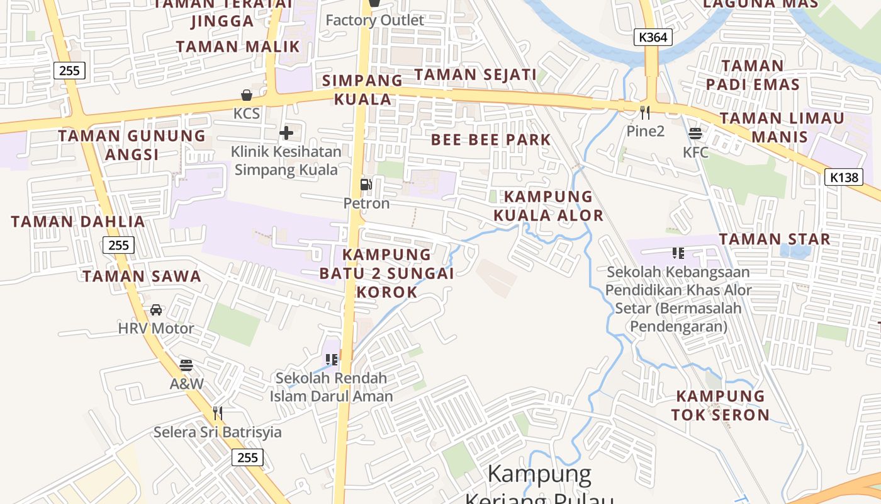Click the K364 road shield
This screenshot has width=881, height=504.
click(x=653, y=37)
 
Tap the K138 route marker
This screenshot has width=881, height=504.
click(x=843, y=177)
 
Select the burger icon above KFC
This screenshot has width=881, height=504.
click(x=695, y=134)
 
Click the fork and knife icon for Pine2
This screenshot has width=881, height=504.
click(x=644, y=113)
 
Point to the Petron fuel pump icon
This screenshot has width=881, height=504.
click(x=366, y=185)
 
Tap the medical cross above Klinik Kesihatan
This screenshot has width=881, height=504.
click(x=286, y=133)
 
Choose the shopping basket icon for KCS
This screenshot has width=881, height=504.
click(x=247, y=95)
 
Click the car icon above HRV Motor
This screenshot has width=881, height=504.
click(x=155, y=310)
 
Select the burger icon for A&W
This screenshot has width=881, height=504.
click(x=186, y=365)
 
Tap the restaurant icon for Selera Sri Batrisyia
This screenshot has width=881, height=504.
click(x=218, y=413)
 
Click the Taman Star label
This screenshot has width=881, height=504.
click(x=775, y=239)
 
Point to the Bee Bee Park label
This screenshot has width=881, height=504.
click(x=491, y=140)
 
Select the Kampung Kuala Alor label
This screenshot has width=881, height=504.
click(x=548, y=206)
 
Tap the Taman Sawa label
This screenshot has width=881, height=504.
click(x=142, y=277)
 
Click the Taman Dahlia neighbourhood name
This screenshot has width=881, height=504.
click(x=78, y=222)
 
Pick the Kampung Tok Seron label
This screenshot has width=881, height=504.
click(x=721, y=405)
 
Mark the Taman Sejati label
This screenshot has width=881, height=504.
click(x=475, y=74)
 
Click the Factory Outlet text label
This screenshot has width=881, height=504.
click(x=374, y=20)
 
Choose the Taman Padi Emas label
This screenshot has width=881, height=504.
click(x=752, y=75)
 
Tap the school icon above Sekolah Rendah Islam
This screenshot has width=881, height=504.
click(x=332, y=359)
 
